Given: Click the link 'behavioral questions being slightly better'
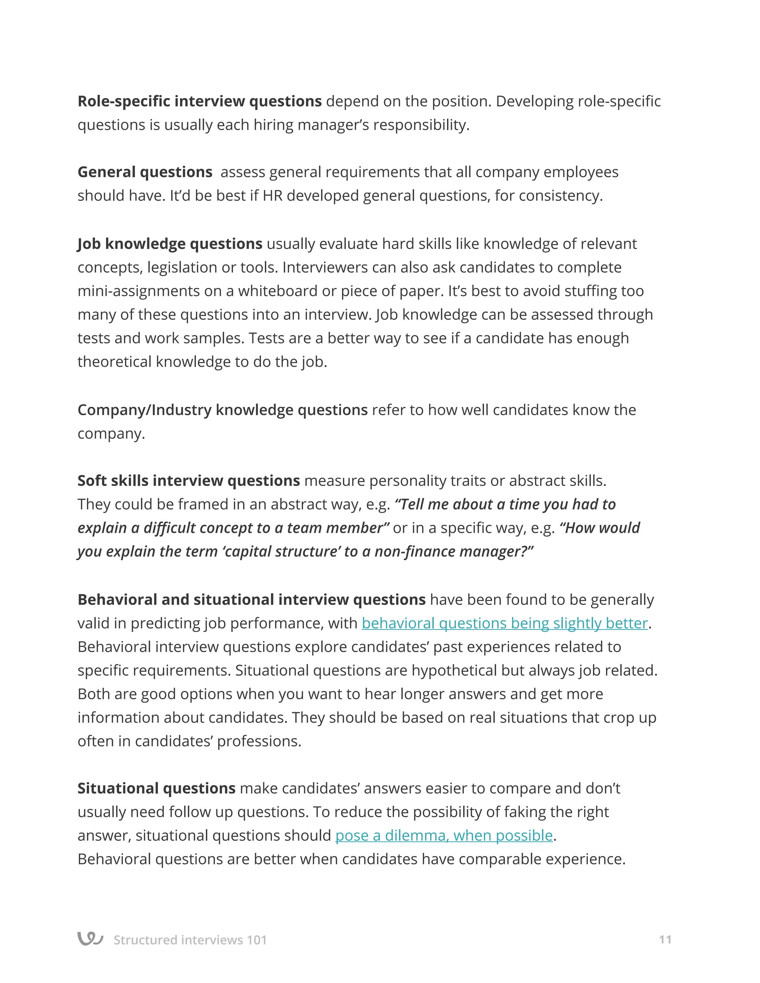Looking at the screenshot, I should click(x=504, y=624).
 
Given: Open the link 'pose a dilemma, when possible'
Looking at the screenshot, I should click(x=444, y=835).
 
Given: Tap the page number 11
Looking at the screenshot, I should click(x=665, y=939).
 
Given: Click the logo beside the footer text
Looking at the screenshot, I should click(x=90, y=938).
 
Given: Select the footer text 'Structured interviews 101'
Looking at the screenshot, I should click(x=190, y=940).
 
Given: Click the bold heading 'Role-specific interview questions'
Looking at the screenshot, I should click(x=199, y=101).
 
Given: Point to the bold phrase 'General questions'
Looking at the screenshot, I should click(x=144, y=172).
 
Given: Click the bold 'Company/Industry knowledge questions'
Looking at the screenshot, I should click(x=222, y=410).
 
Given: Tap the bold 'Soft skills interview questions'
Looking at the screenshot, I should click(x=188, y=481).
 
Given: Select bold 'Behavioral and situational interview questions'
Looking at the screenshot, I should click(x=251, y=599).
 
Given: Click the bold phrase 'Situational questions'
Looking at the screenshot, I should click(x=156, y=788).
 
